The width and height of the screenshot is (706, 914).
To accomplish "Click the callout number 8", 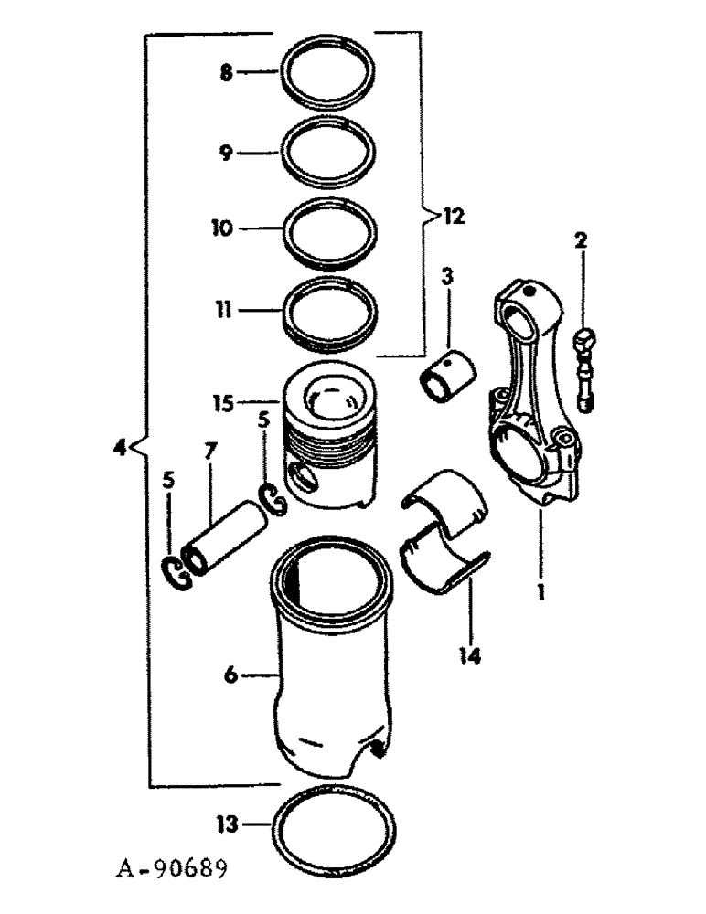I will (x=226, y=70).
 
